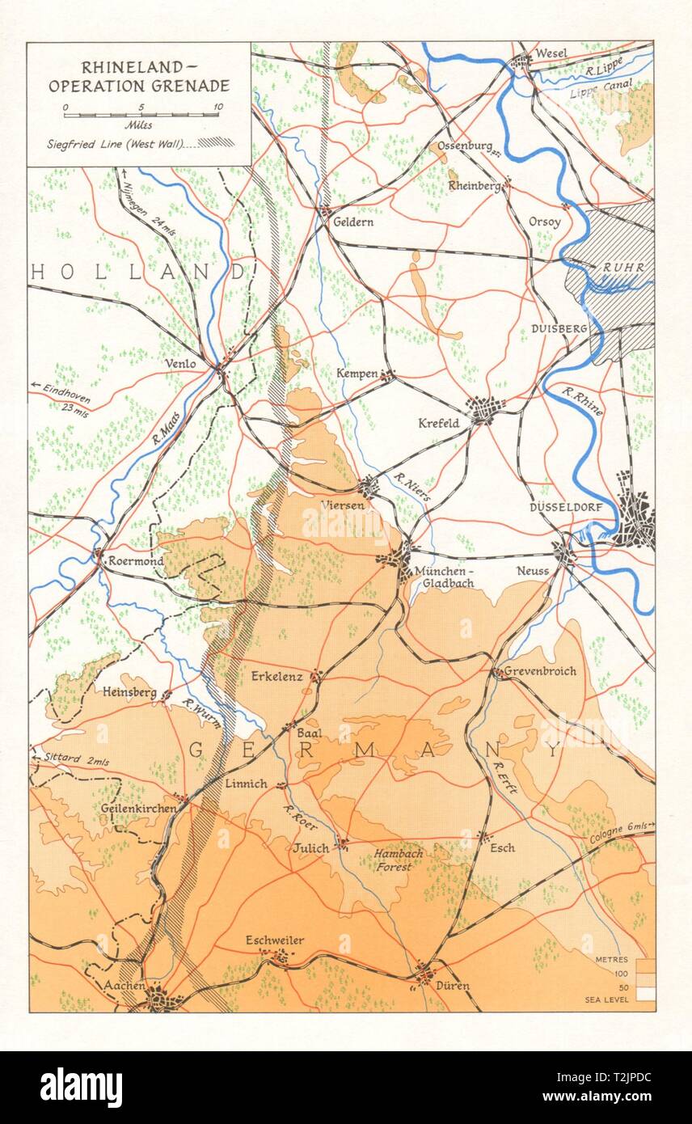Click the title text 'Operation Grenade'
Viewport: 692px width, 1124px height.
[x=138, y=86]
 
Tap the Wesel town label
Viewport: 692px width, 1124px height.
[x=551, y=53]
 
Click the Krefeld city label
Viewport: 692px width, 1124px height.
[x=439, y=422]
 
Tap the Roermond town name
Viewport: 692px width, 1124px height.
[x=138, y=561]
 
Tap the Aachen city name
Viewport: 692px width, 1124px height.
[x=124, y=987]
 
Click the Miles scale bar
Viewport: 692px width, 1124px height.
[x=141, y=115]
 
